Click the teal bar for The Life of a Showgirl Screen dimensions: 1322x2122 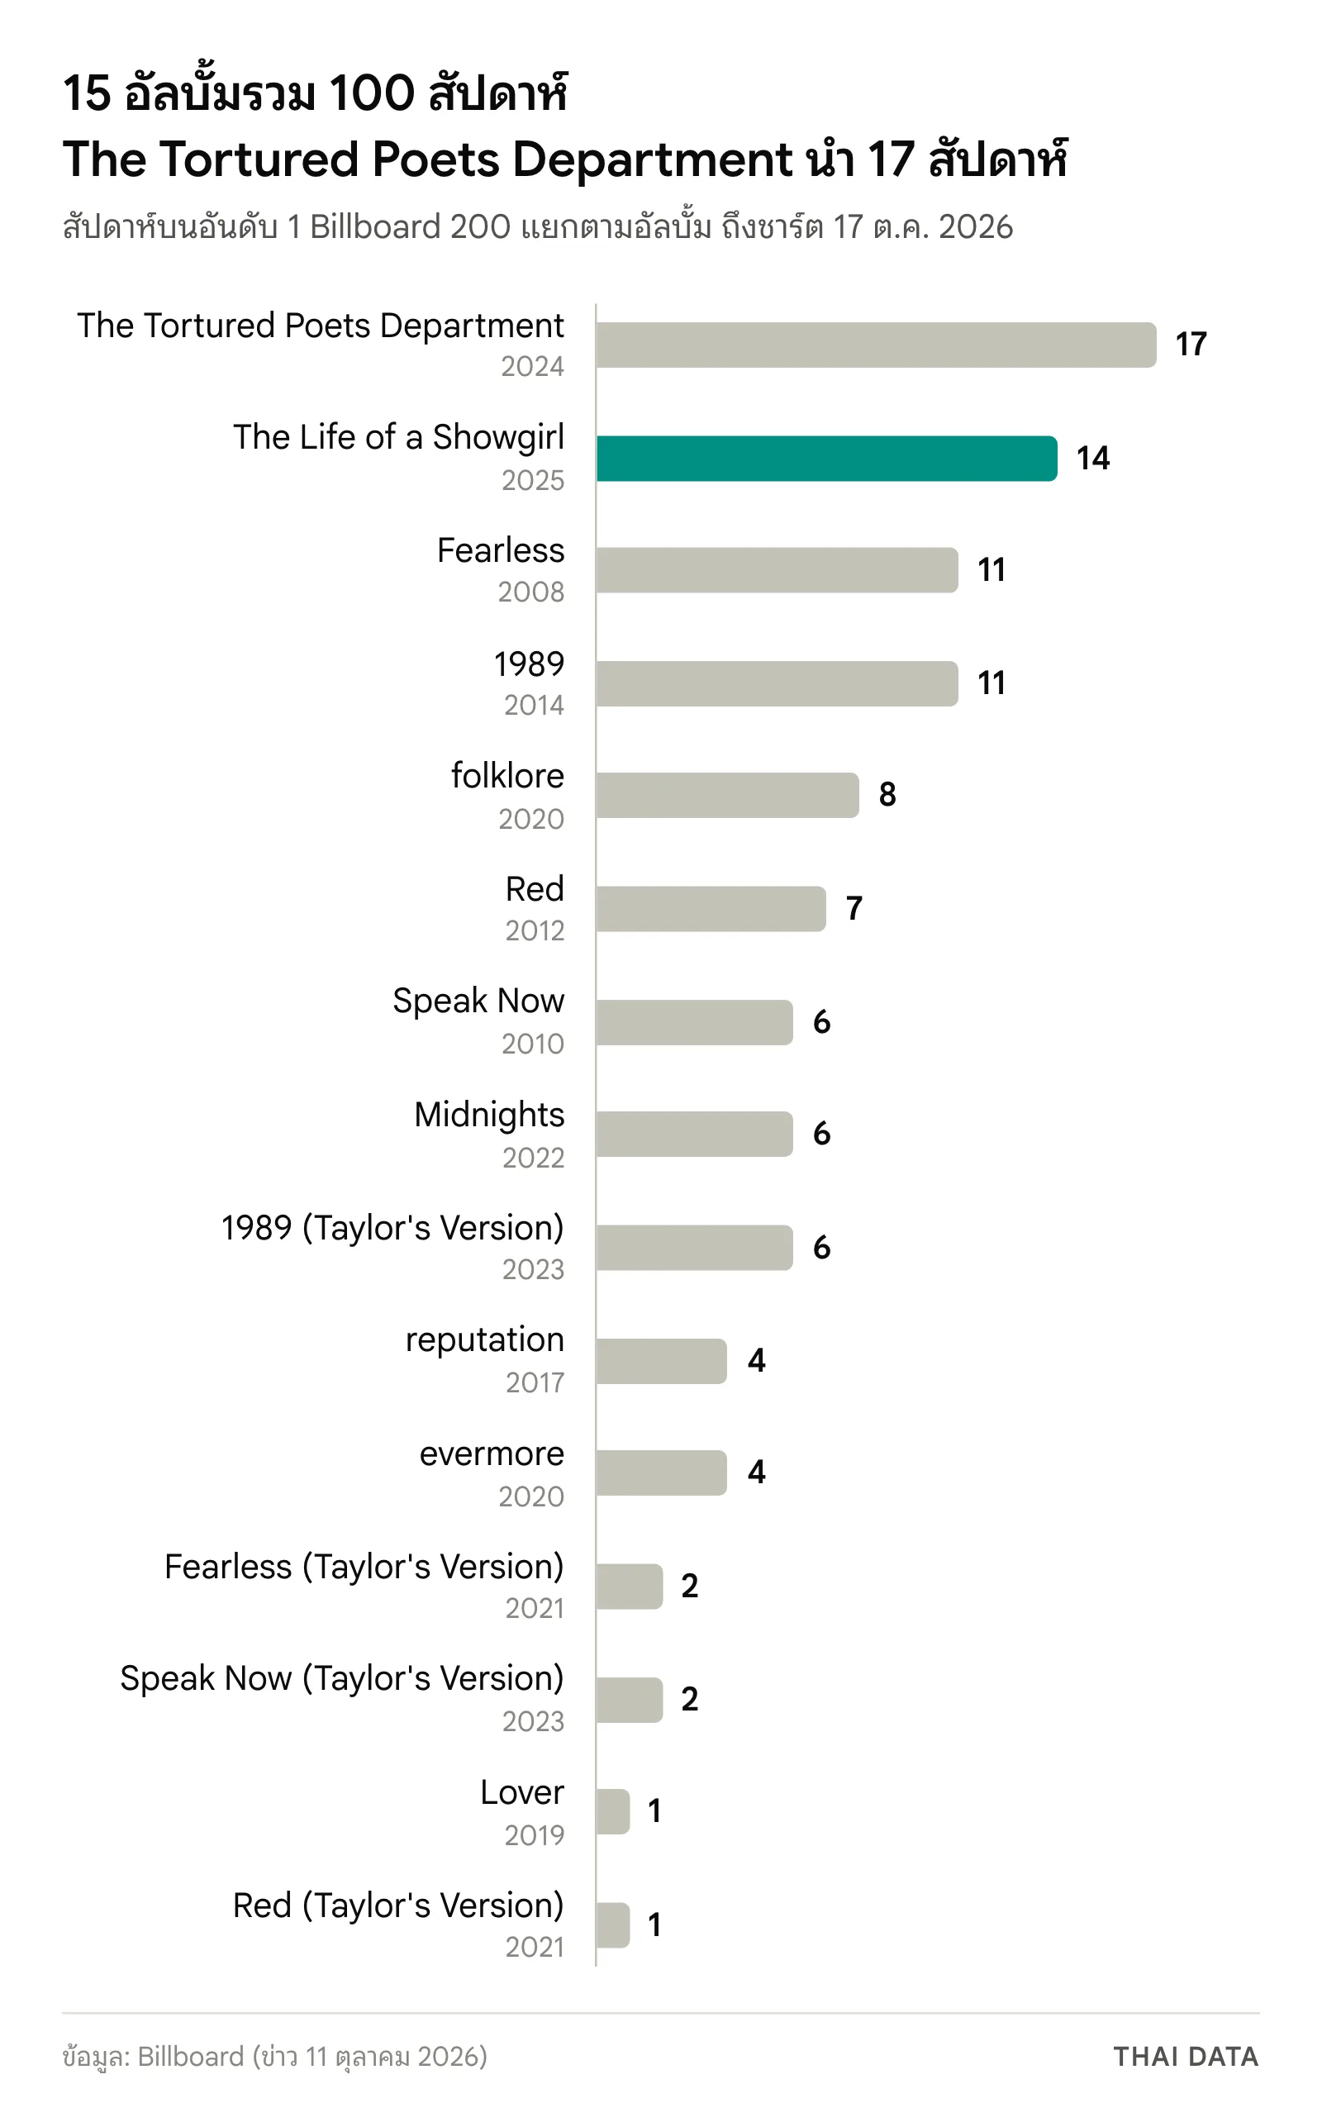tap(826, 458)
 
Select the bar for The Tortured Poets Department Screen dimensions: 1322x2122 tap(876, 345)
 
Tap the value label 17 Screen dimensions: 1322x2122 tap(1191, 345)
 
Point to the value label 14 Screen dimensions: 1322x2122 tap(1093, 458)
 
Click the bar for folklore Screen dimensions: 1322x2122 tap(727, 795)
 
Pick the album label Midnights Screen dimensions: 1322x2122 tap(490, 1116)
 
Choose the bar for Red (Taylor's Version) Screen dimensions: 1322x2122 tap(613, 1925)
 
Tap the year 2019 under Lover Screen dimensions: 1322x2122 tap(535, 1834)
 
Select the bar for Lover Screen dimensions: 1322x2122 tap(613, 1810)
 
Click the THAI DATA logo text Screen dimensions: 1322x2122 tap(1186, 2056)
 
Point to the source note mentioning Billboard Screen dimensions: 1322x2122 tap(274, 2057)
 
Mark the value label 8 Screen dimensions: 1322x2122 tap(887, 795)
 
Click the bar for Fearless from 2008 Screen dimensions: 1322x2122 tap(778, 570)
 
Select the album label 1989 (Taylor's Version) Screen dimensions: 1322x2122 tap(392, 1229)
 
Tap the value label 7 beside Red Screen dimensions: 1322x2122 tap(854, 908)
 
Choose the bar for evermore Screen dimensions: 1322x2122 tap(661, 1473)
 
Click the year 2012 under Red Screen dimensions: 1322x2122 tap(535, 930)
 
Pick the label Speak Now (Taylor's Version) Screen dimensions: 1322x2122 tap(342, 1679)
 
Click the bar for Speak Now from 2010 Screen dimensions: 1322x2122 tap(694, 1022)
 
